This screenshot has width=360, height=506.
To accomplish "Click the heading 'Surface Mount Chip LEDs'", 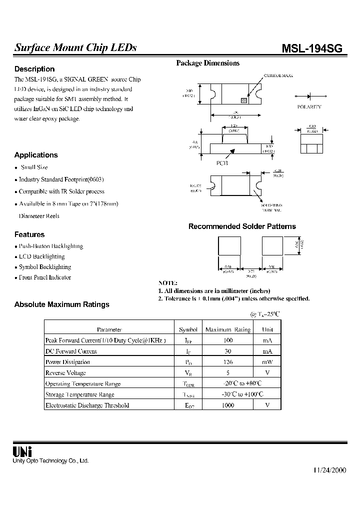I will click(75, 48).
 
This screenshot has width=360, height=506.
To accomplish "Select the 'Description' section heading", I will click(34, 69).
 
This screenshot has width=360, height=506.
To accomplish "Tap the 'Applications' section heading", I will click(36, 155).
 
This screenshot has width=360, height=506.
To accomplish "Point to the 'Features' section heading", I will click(29, 234).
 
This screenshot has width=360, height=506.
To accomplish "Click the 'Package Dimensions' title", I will click(207, 63).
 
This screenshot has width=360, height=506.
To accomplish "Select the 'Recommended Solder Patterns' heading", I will click(242, 226).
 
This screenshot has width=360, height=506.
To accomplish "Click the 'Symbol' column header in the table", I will click(188, 329).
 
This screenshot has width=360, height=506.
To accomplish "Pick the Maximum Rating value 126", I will click(227, 362).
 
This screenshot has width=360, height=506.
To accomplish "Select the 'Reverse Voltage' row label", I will click(65, 373).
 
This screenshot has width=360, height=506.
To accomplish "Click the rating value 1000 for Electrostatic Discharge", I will click(227, 405).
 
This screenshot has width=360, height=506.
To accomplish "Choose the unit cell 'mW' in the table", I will click(267, 362).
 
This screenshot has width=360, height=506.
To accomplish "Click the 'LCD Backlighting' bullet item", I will click(41, 256).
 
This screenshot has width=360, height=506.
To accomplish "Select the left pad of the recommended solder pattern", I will click(228, 245).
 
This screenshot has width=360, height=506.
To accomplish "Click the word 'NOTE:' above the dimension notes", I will click(168, 283).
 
